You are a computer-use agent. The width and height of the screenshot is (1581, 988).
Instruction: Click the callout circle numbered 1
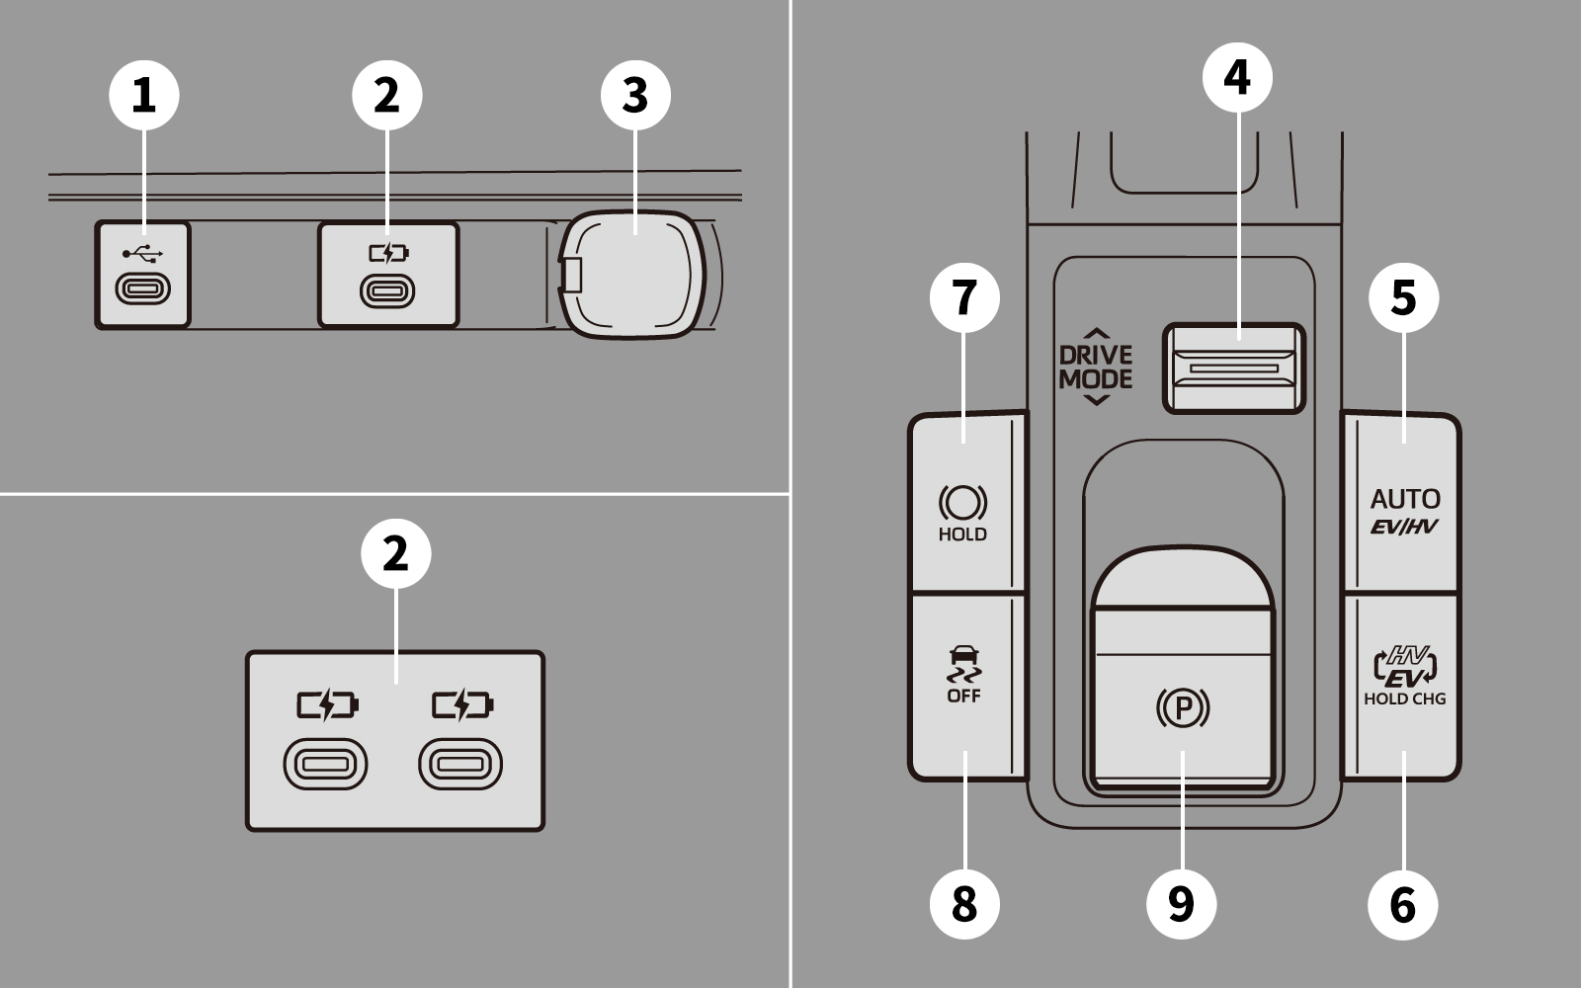pos(144,96)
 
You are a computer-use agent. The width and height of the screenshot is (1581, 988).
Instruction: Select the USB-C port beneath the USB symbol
pos(143,288)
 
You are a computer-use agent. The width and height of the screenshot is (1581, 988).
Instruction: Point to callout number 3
pos(635,96)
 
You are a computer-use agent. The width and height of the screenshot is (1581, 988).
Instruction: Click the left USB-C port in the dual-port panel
pos(325,766)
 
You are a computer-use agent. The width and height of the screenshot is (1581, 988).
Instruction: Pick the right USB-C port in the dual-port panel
pos(460,766)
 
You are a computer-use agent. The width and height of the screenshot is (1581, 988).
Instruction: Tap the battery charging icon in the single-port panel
pos(388,254)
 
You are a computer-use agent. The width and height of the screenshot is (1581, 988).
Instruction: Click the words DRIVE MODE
pos(1096,367)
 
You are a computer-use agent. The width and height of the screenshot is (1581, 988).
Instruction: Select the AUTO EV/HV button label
pos(1405,510)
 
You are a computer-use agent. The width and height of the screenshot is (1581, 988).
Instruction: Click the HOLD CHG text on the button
pos(1404,699)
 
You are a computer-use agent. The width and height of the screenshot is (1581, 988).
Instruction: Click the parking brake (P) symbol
pos(1183,707)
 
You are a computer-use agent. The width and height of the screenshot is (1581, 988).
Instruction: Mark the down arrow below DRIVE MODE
pos(1096,400)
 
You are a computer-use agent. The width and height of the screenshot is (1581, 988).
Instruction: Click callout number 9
pos(1182,903)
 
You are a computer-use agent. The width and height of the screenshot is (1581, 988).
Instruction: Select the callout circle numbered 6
pos(1403,903)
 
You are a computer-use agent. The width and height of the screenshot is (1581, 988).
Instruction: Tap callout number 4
pos(1237,76)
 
